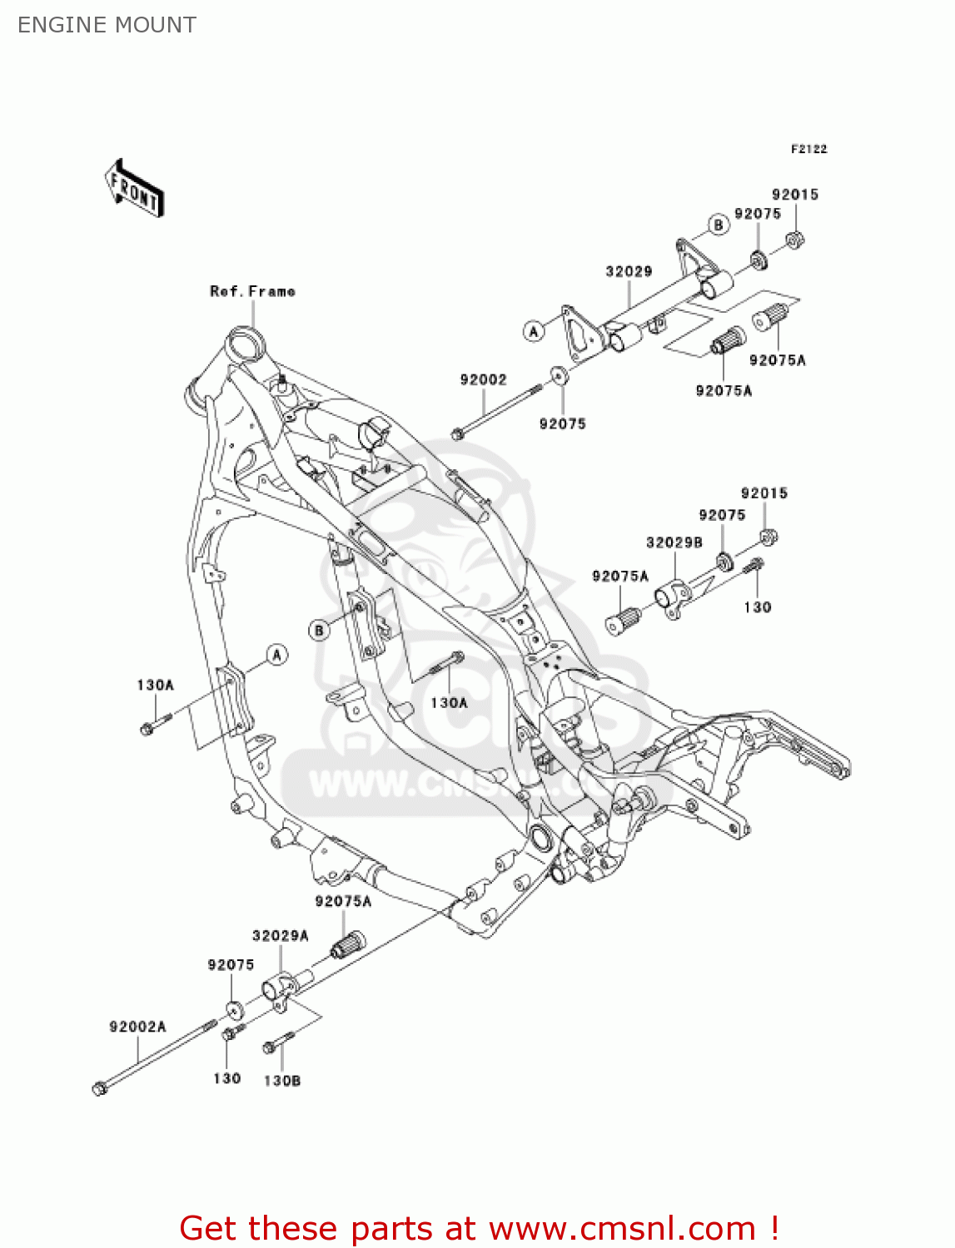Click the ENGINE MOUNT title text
click(107, 25)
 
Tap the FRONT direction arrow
click(134, 189)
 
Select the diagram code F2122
click(808, 149)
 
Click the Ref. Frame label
click(252, 291)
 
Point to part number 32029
click(629, 271)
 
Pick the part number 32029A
click(280, 935)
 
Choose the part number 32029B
click(674, 542)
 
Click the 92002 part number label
click(483, 379)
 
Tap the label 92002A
click(137, 1027)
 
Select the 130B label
click(281, 1080)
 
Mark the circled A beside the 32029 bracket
click(534, 331)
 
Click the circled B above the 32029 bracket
click(718, 225)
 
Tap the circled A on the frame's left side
click(276, 655)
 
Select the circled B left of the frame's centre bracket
click(319, 631)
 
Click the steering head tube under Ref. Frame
click(247, 344)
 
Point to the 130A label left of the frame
click(155, 685)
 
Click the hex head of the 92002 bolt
click(457, 434)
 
